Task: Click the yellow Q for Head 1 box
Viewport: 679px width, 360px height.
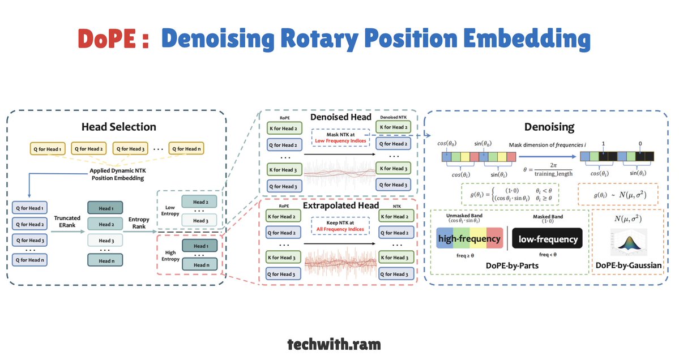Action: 47,149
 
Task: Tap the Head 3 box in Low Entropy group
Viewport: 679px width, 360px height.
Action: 195,220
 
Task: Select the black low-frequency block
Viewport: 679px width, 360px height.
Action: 547,239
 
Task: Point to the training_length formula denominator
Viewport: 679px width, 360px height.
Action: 553,173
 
